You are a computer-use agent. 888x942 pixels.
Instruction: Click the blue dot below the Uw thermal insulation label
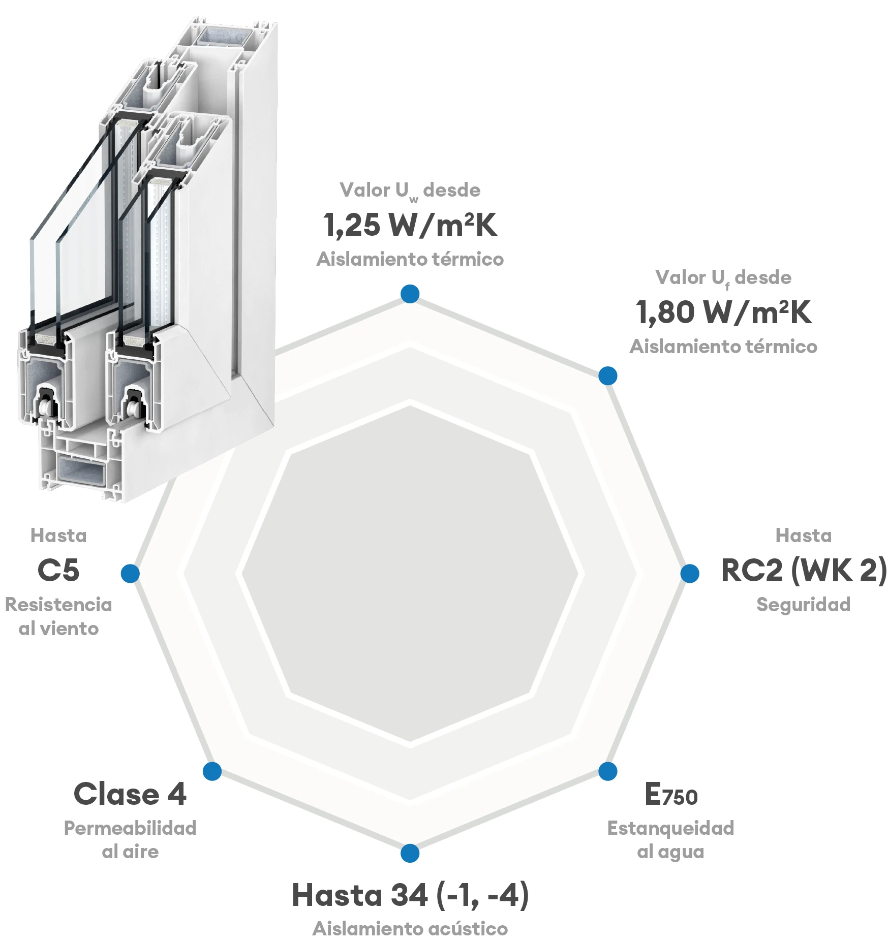(x=410, y=294)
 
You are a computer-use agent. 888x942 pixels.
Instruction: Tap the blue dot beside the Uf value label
(x=607, y=376)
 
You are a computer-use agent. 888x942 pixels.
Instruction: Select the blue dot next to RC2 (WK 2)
(x=689, y=573)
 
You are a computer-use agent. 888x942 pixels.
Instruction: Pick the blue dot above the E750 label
(x=607, y=771)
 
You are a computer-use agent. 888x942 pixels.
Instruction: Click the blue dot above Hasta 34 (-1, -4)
(x=410, y=853)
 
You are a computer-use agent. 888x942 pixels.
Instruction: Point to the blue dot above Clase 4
(x=212, y=771)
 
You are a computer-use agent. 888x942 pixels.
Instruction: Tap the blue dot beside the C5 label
(x=130, y=573)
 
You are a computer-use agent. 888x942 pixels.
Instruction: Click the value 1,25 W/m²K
(x=410, y=225)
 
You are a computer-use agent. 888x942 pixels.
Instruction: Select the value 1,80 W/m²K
(x=723, y=312)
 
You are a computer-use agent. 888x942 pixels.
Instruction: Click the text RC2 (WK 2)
(x=804, y=570)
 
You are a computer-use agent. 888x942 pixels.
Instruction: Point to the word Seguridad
(x=803, y=605)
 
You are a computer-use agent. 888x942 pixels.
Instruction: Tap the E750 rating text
(x=670, y=795)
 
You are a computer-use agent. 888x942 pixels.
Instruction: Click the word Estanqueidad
(x=670, y=828)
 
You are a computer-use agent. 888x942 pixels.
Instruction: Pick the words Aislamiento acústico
(x=410, y=929)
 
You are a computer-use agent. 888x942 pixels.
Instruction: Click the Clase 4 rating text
(x=130, y=794)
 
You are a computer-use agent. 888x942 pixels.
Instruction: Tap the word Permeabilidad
(x=130, y=828)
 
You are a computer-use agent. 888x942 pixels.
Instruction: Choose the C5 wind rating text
(x=58, y=570)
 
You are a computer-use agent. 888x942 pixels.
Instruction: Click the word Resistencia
(x=58, y=605)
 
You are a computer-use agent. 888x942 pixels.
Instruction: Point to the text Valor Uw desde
(x=410, y=191)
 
